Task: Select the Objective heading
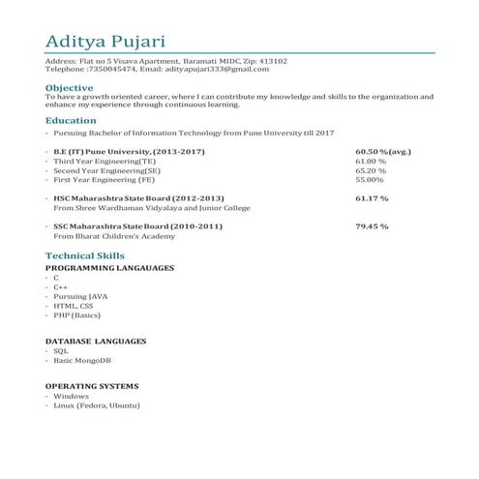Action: coord(70,87)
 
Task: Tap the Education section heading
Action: coord(71,121)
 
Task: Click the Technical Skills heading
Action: coord(85,254)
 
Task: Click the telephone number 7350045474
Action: coord(111,70)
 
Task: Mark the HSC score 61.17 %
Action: coord(372,198)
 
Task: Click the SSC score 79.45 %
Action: coord(372,225)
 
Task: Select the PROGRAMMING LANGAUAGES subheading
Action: coord(109,266)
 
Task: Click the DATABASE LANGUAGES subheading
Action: coord(96,342)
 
